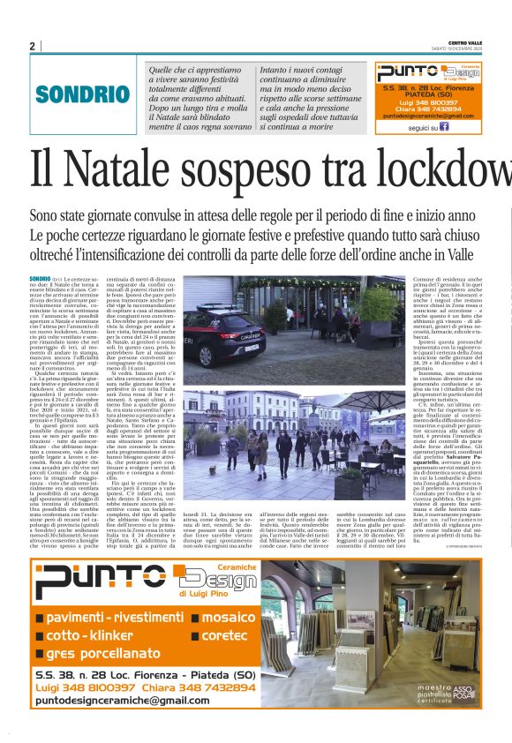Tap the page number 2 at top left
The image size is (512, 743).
click(x=33, y=46)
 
